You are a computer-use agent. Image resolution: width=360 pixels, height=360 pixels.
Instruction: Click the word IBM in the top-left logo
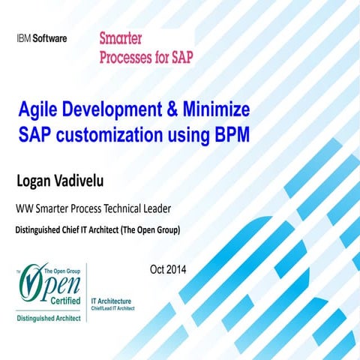pos(24,38)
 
